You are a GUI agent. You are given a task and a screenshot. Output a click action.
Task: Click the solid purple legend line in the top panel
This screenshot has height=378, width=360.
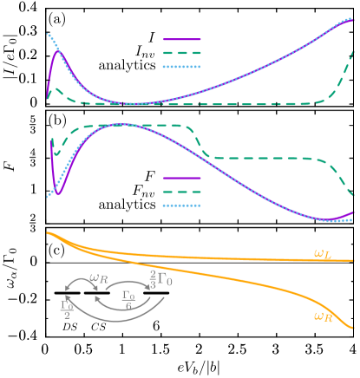182,39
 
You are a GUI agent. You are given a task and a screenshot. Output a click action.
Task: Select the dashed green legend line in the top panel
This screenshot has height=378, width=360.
182,53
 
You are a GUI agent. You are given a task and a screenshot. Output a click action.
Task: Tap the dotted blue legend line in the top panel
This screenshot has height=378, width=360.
182,66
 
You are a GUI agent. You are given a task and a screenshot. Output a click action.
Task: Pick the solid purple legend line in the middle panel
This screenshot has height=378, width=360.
182,178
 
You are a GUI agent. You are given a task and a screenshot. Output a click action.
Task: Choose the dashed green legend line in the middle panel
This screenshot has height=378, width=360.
182,192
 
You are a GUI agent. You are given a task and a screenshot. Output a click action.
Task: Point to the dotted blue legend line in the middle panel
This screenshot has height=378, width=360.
182,205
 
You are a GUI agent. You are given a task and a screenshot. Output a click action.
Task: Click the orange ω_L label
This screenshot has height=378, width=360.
322,253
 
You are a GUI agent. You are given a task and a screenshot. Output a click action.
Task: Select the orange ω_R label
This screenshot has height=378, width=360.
323,316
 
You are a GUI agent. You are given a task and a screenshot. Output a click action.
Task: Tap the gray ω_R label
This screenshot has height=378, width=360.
99,278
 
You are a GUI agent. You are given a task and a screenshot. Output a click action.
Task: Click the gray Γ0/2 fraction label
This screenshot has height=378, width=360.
67,309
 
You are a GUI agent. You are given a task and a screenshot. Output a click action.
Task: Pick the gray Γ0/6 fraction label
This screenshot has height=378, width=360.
128,299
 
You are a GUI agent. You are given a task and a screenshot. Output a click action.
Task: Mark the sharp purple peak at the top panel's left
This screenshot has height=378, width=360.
58,50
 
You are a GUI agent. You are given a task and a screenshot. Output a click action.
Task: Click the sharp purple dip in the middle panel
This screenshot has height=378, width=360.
58,192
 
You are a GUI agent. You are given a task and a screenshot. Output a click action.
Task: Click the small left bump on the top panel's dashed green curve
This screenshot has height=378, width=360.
56,88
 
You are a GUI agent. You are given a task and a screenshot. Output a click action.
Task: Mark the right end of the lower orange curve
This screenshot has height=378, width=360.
354,328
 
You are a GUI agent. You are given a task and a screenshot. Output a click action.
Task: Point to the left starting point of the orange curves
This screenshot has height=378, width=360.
49,232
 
